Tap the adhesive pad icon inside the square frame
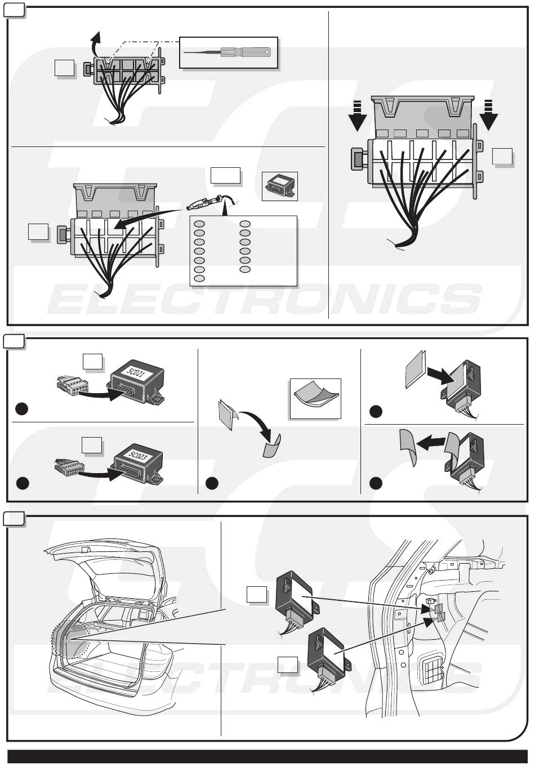point(315,398)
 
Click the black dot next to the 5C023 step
point(22,483)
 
